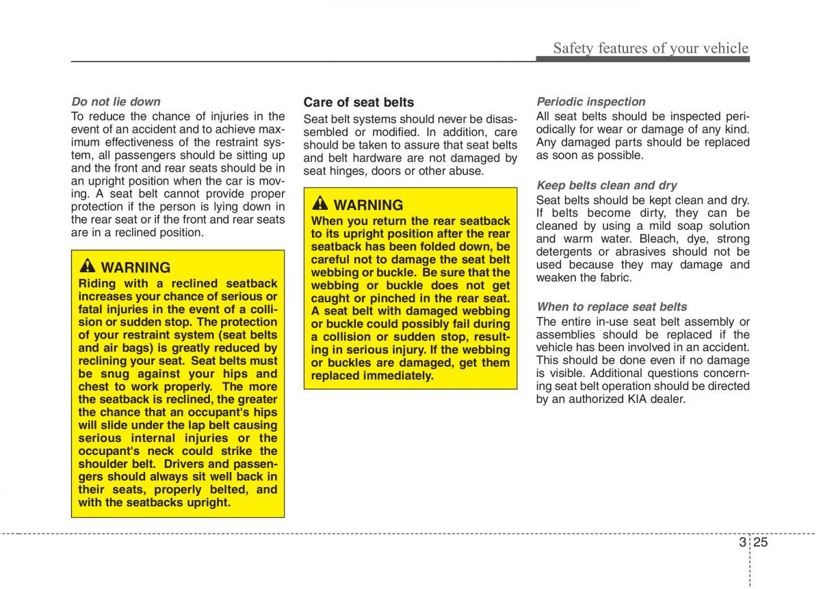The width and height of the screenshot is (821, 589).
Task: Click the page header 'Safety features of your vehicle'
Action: pyautogui.click(x=650, y=48)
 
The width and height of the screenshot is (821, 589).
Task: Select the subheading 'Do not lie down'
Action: pyautogui.click(x=116, y=102)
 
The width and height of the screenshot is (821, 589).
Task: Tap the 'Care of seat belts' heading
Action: pyautogui.click(x=359, y=102)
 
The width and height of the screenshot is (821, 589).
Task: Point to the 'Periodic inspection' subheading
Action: pyautogui.click(x=590, y=101)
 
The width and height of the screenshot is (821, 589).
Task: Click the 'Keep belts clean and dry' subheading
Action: pyautogui.click(x=606, y=185)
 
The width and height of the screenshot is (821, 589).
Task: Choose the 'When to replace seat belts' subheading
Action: pyautogui.click(x=612, y=306)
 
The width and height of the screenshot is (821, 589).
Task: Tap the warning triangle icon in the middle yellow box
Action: pyautogui.click(x=320, y=204)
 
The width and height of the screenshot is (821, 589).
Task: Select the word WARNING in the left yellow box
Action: pyautogui.click(x=135, y=267)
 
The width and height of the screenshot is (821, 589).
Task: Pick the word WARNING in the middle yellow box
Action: pyautogui.click(x=368, y=205)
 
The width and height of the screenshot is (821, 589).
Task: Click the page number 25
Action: pyautogui.click(x=761, y=542)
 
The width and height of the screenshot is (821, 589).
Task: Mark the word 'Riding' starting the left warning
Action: pyautogui.click(x=97, y=283)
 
